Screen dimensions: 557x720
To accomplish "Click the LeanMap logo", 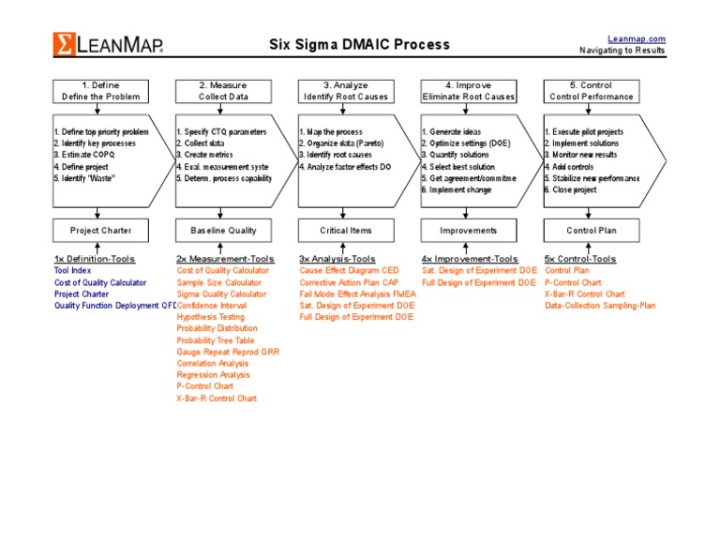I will pos(107,44).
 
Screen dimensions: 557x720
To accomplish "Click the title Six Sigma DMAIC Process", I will pos(359,44).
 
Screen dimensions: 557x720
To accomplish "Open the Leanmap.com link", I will pos(637,38).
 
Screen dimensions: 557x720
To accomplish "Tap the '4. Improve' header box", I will pos(468,91).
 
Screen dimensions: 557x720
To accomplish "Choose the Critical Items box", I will pos(345,230).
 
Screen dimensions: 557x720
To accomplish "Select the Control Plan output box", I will pos(591,230).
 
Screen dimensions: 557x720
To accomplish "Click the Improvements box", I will pos(468,230).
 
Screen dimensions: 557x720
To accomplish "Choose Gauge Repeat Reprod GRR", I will pos(228,352).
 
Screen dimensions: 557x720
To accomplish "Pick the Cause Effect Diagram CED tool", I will pos(349,270).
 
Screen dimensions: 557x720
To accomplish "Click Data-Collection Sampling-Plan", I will pos(600,305).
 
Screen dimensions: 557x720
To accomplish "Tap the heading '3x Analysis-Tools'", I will pos(337,258).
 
